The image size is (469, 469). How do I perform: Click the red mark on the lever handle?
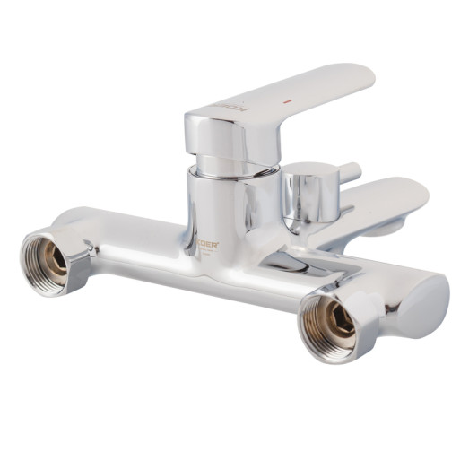pyautogui.click(x=287, y=105)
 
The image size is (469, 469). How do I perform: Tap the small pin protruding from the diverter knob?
pyautogui.click(x=350, y=170)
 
